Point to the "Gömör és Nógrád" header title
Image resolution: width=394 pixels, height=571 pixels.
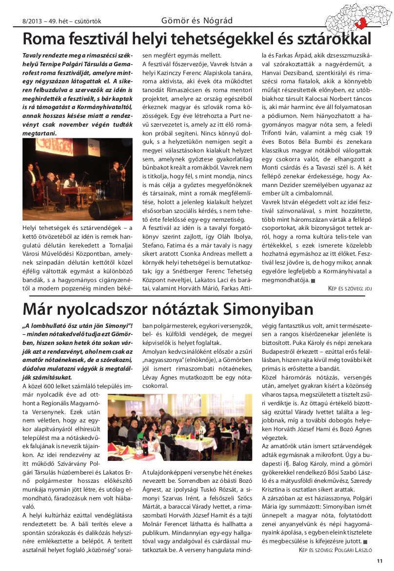tap(197, 20)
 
